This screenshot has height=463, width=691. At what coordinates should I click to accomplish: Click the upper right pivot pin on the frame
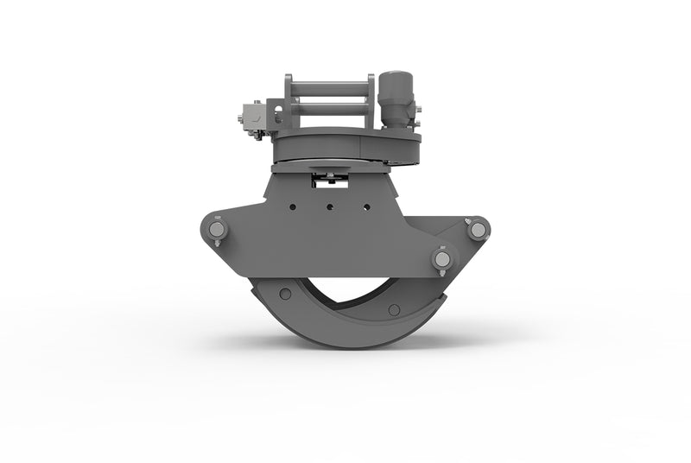pos(477,229)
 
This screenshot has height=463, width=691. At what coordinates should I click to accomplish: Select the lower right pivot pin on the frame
pos(442,258)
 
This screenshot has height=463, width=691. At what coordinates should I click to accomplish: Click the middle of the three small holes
pos(329,206)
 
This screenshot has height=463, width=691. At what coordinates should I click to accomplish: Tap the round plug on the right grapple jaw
pos(394,309)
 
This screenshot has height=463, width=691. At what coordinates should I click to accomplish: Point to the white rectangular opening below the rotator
pos(328,179)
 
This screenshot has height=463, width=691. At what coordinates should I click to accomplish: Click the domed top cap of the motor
pos(397,77)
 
